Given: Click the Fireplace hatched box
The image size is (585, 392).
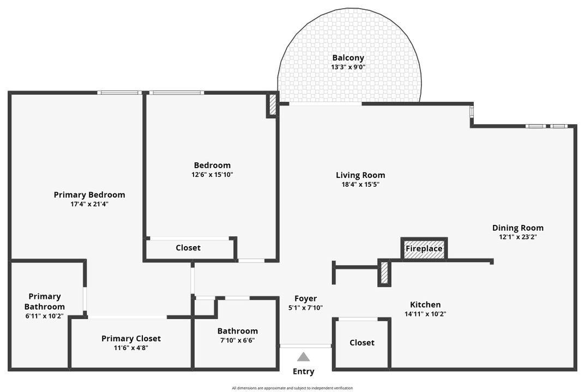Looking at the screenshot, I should pyautogui.click(x=424, y=249).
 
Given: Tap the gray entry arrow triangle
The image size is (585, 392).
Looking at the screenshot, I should pyautogui.click(x=304, y=357).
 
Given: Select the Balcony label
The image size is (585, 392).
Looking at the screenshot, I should pyautogui.click(x=348, y=58).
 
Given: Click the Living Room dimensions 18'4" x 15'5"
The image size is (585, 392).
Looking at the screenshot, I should pyautogui.click(x=360, y=185).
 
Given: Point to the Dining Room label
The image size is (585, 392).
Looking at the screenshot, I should pyautogui.click(x=517, y=228).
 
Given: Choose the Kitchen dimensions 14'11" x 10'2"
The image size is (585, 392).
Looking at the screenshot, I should pyautogui.click(x=425, y=314).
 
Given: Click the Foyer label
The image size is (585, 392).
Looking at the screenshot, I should pyautogui.click(x=305, y=298).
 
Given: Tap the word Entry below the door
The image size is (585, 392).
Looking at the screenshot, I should pyautogui.click(x=304, y=372).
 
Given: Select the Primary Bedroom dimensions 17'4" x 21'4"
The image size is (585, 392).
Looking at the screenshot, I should pyautogui.click(x=89, y=204).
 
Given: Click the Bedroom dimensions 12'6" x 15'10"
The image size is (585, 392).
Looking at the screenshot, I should pyautogui.click(x=212, y=175).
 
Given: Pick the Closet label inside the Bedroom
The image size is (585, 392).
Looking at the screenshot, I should pyautogui.click(x=188, y=248).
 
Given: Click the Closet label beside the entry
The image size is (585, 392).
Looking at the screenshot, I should pyautogui.click(x=362, y=342).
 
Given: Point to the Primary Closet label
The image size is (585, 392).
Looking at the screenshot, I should pyautogui.click(x=131, y=339).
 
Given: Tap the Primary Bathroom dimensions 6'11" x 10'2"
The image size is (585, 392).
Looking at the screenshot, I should pyautogui.click(x=44, y=316).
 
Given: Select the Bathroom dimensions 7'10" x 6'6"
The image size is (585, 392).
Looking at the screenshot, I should pyautogui.click(x=237, y=340).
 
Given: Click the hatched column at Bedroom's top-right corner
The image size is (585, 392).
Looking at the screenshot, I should pyautogui.click(x=273, y=105).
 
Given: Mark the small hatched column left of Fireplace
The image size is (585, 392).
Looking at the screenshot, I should pyautogui.click(x=384, y=273).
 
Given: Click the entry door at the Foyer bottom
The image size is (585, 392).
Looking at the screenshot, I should pyautogui.click(x=305, y=346).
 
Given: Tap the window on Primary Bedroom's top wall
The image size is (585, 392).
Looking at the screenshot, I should pyautogui.click(x=119, y=93).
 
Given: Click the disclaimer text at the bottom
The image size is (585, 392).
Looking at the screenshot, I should pyautogui.click(x=292, y=388).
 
